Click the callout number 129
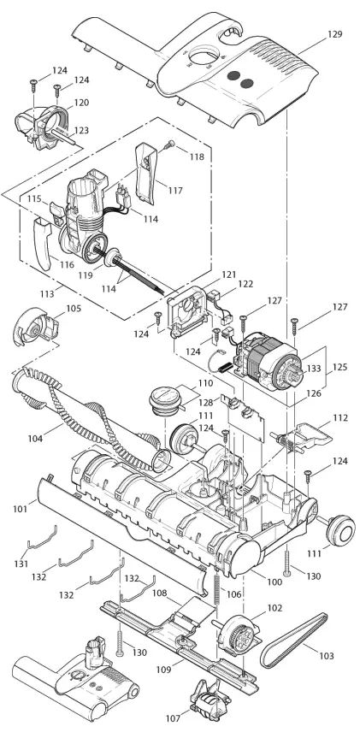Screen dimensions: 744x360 point(333,34)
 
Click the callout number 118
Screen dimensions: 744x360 point(198,157)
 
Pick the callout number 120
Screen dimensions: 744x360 point(80,103)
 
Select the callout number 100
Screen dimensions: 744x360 point(274,582)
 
